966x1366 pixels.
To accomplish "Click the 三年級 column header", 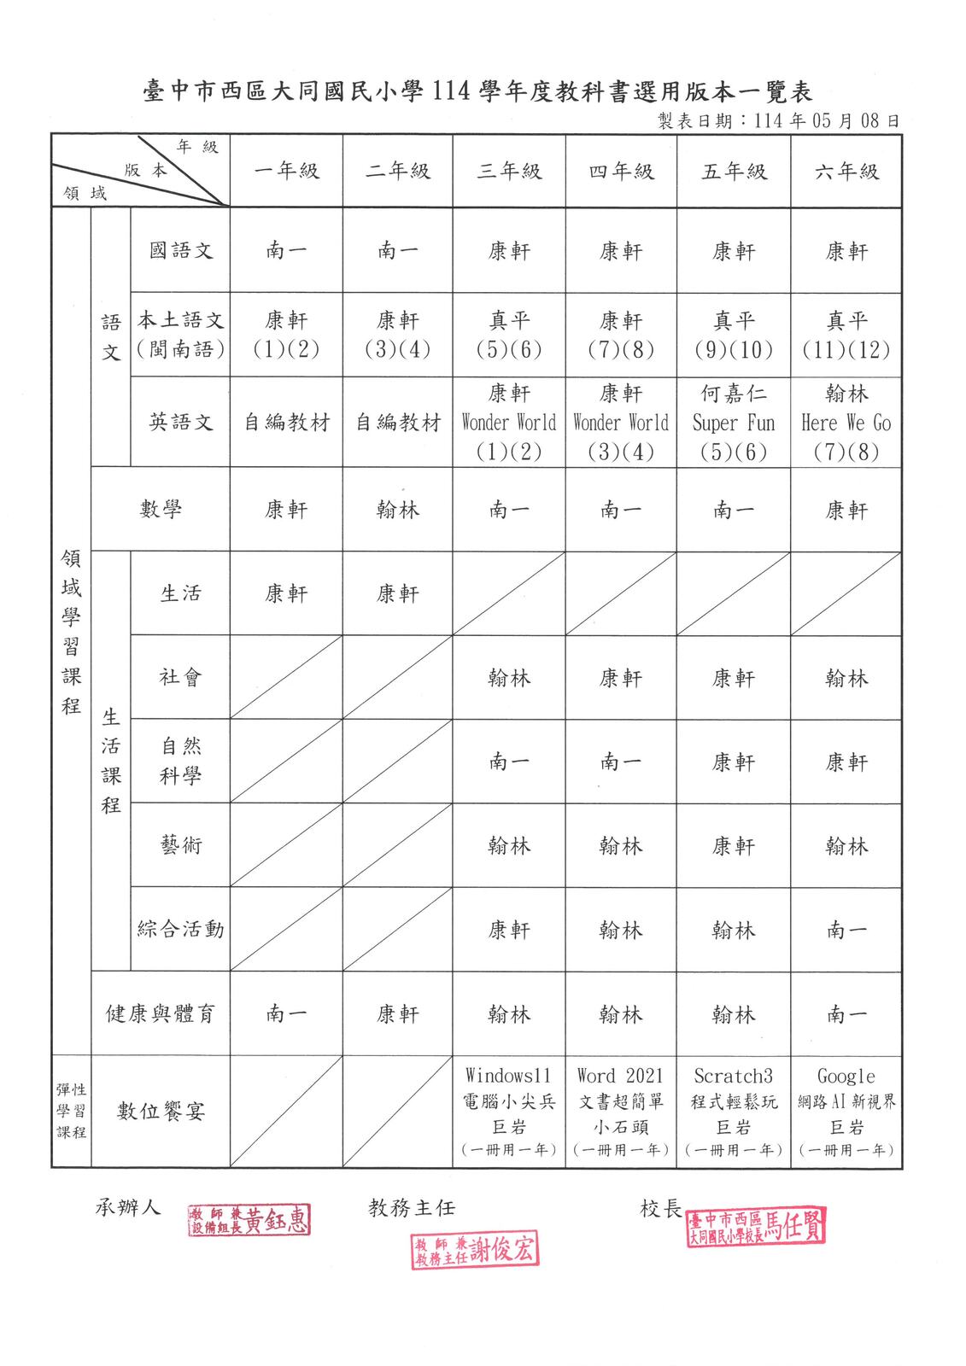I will pyautogui.click(x=509, y=172).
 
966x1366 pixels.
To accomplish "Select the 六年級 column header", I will pyautogui.click(x=846, y=172).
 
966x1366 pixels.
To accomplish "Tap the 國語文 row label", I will pyautogui.click(x=180, y=251).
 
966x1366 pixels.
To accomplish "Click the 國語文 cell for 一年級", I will pyautogui.click(x=286, y=251).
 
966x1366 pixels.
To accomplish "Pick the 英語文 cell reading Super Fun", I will pyautogui.click(x=734, y=422).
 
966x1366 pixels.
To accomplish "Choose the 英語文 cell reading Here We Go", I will pyautogui.click(x=846, y=422).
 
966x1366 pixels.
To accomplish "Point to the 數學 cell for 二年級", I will pyautogui.click(x=398, y=511).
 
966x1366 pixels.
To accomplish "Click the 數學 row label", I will pyautogui.click(x=161, y=511).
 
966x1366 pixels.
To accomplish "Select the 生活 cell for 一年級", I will pyautogui.click(x=286, y=594).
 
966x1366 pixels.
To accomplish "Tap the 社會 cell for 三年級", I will pyautogui.click(x=509, y=678).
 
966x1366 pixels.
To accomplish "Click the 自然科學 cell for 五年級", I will pyautogui.click(x=734, y=762).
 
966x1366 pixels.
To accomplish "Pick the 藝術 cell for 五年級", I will pyautogui.click(x=734, y=846).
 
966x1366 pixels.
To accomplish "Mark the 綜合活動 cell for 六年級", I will pyautogui.click(x=846, y=930).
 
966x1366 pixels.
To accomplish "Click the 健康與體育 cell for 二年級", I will pyautogui.click(x=398, y=1014).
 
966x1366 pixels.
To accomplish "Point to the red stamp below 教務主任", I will pyautogui.click(x=475, y=1252).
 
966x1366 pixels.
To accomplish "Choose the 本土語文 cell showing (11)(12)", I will pyautogui.click(x=846, y=336).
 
